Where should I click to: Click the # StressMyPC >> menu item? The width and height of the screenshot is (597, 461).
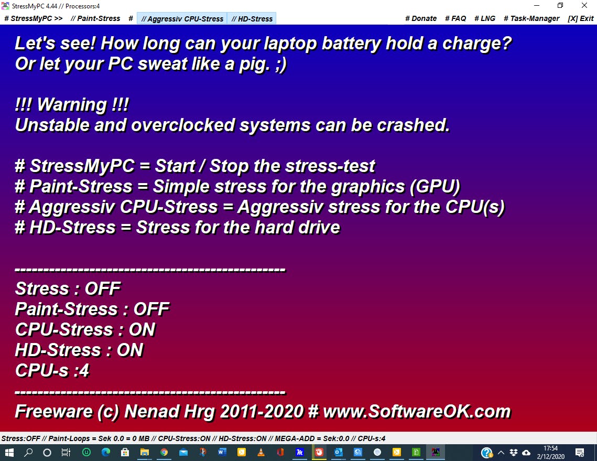coord(34,18)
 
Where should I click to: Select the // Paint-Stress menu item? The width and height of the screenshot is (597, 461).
coord(95,18)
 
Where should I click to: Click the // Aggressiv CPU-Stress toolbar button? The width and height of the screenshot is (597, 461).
coord(182,19)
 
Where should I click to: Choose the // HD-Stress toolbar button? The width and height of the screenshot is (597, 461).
coord(252,19)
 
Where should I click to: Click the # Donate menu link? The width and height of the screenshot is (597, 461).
coord(421,18)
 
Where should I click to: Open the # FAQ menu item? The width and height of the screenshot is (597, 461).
coord(455,18)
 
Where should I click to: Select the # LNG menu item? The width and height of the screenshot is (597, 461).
coord(485,18)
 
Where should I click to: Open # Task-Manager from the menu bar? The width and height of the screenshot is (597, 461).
coord(531,18)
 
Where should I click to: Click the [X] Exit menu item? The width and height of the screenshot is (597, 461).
coord(581,18)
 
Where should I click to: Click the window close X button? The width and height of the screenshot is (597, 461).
coord(584,5)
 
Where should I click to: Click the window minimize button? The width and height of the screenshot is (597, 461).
coord(537,5)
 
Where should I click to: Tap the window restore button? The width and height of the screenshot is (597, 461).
coord(560,5)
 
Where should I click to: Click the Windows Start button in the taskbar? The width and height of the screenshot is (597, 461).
coord(9,452)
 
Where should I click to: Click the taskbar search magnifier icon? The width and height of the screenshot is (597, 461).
coord(28,452)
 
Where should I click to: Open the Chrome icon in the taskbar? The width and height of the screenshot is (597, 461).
coord(164,452)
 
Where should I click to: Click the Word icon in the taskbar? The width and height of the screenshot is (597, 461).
coord(222,452)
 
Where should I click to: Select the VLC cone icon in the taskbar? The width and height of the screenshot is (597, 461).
coord(261,452)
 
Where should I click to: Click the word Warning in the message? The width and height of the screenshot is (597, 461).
coord(72,104)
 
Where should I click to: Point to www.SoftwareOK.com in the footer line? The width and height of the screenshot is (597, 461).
coord(417,412)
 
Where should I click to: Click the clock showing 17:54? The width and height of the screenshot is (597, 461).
coord(550,448)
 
